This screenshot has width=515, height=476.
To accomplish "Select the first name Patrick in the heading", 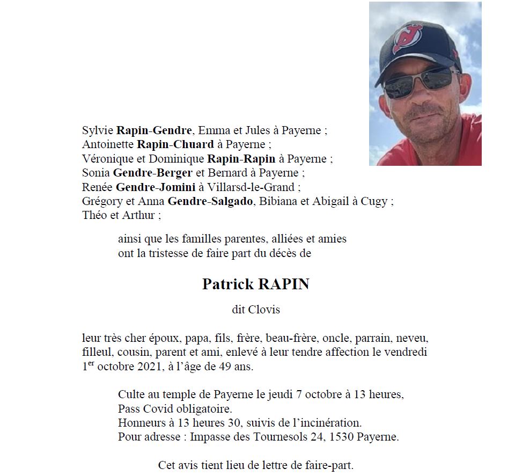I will point(227,284).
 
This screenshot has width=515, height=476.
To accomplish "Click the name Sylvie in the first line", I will point(98,130).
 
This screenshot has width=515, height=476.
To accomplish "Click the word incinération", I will point(334,423).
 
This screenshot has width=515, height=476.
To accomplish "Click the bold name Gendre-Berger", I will point(147,173).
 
